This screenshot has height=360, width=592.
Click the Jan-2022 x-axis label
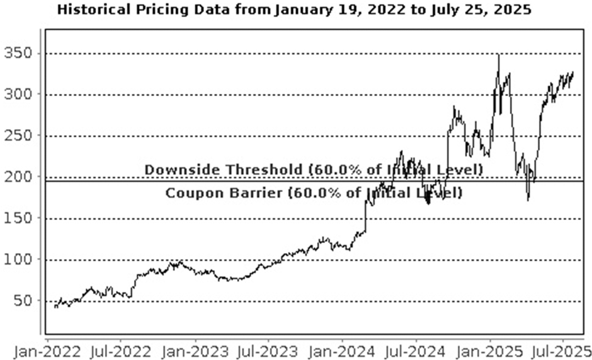pos(47,352)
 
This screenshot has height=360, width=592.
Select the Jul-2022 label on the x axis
pos(121,352)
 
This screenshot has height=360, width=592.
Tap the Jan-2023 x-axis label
pos(195,352)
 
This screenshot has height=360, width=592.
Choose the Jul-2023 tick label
pos(268,352)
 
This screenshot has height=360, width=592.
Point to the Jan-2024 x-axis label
pos(342,352)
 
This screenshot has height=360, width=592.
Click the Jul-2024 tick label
pos(415,352)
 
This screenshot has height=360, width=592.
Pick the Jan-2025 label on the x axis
pos(490,352)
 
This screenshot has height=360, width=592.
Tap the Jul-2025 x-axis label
pos(561,352)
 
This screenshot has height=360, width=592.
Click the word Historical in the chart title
pos(94,10)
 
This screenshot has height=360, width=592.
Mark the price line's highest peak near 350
pos(499,55)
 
